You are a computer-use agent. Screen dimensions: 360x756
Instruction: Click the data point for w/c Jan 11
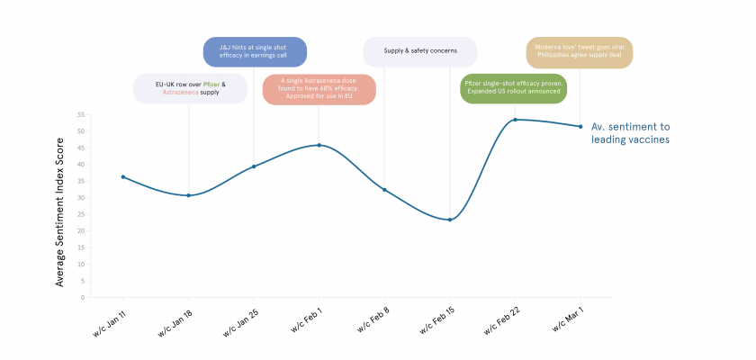(123, 176)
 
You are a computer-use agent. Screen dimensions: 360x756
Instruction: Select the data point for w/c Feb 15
(449, 220)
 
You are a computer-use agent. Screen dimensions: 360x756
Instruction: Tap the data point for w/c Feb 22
(515, 120)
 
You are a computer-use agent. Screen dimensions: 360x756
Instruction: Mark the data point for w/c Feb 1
(319, 145)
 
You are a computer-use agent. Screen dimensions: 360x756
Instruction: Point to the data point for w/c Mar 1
(580, 126)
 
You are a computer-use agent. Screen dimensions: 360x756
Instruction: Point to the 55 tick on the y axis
(80, 114)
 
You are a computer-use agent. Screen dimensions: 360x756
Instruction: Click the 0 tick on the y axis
(82, 297)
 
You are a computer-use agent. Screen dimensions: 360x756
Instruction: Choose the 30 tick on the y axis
(80, 197)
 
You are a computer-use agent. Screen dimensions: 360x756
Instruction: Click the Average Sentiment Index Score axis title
(60, 205)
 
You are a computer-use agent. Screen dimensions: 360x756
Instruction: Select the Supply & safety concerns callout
(419, 51)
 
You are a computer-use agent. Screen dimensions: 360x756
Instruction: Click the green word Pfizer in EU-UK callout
(211, 84)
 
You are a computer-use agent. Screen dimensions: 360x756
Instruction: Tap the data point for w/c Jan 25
(254, 166)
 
